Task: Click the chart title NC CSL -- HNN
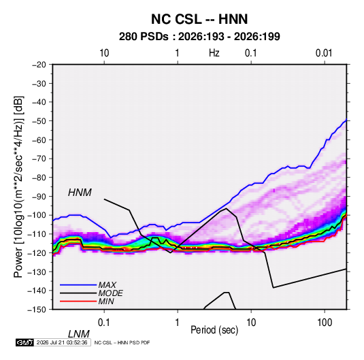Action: pos(199,19)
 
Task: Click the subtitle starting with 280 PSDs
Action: pos(199,37)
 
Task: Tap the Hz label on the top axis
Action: pos(214,53)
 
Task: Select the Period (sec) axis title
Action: pos(214,330)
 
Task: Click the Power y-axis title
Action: pos(18,187)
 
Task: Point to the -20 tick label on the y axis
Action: pos(39,65)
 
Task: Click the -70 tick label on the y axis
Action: pos(39,159)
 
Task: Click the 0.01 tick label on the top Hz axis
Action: pos(324,53)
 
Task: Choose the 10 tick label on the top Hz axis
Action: pos(104,53)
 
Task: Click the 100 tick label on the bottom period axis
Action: pos(325,323)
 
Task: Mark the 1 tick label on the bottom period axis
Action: pos(178,323)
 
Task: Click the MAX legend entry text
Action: pos(107,285)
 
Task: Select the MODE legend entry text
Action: pos(110,293)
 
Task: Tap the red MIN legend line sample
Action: pos(78,301)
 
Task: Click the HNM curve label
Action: pos(80,193)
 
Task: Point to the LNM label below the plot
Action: pos(79,334)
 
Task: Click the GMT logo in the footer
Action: pos(24,342)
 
